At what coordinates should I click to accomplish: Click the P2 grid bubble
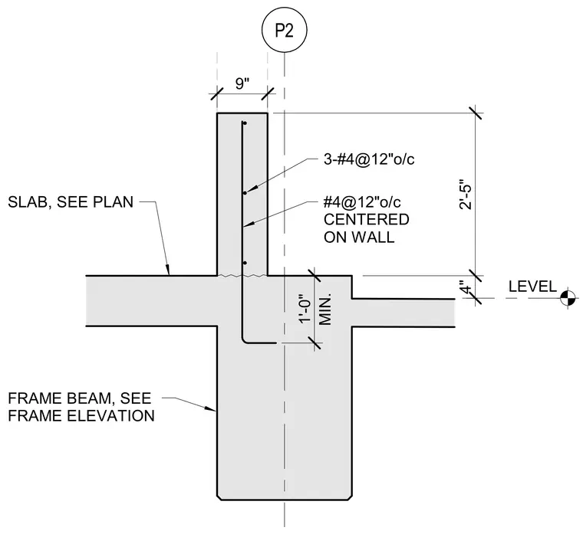pos(285,30)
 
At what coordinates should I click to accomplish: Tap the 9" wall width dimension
pos(242,84)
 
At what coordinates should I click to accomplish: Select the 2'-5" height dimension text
pos(466,195)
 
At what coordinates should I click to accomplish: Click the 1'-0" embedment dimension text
pos(305,310)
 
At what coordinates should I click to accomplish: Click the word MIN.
pos(325,310)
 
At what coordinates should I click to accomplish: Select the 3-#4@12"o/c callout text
pos(369,159)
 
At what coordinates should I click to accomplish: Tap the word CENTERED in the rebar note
pos(366,219)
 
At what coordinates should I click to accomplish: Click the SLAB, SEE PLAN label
pos(71,202)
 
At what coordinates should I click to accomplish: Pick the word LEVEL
pos(532,287)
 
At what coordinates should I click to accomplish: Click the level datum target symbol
pos(568,298)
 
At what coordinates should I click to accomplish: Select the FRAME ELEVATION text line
pos(81,415)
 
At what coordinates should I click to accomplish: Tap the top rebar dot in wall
pos(245,123)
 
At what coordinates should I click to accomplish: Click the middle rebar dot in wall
pos(245,193)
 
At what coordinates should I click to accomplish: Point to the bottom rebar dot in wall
pos(245,263)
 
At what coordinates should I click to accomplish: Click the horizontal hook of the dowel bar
pos(260,342)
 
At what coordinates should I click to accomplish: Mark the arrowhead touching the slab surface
pos(168,270)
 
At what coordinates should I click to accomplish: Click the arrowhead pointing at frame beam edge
pos(210,408)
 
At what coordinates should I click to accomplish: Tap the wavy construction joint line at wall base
pos(242,276)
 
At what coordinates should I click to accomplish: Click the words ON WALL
pos(359,237)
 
